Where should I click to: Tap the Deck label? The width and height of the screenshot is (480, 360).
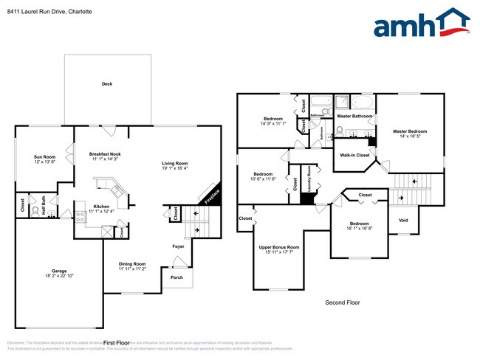coord(107,84)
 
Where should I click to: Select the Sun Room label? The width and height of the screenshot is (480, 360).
coord(44,156)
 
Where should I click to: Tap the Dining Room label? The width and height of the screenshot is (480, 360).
coord(132,263)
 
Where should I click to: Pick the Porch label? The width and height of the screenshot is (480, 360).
coord(176,277)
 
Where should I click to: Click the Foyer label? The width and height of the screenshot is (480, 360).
coord(178,246)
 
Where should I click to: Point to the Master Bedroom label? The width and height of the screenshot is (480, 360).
coord(410,131)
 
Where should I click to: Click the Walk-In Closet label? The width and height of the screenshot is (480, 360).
coord(354,156)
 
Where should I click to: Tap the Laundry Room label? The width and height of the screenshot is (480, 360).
coord(309,179)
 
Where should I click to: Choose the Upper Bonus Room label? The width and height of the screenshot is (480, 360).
coord(278,247)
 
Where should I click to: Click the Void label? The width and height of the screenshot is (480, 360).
coord(402,220)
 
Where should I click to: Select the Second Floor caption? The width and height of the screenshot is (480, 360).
coord(342,303)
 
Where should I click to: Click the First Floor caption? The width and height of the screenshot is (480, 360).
coord(117,343)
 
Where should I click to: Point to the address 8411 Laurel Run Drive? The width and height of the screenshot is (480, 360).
coord(43,8)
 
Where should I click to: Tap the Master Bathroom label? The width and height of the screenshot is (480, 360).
coord(354,116)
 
